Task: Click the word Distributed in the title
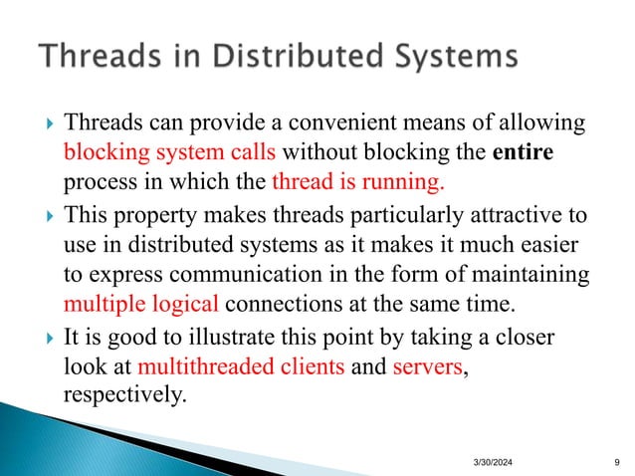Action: pos(303,56)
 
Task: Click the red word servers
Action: pos(428,365)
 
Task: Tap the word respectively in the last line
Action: pos(123,393)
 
